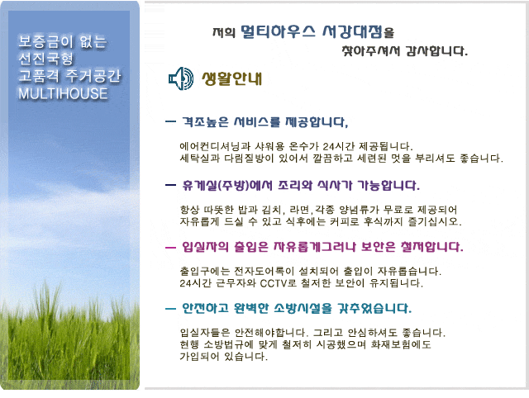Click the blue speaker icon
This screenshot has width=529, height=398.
(x=181, y=78)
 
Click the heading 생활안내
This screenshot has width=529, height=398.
(x=231, y=78)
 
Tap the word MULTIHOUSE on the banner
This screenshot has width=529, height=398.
(x=63, y=93)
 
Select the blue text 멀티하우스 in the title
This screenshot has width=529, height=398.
(x=278, y=31)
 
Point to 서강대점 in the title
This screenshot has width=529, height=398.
(x=352, y=31)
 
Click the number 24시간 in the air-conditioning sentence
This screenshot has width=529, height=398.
(x=339, y=147)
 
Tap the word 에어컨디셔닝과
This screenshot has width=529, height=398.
(x=215, y=147)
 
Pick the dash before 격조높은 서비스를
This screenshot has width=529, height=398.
(x=171, y=121)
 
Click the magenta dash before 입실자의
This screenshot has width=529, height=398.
(x=171, y=248)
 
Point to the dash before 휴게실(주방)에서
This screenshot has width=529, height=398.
(x=171, y=185)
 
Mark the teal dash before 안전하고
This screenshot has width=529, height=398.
(x=171, y=308)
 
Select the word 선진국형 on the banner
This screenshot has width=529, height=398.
(x=45, y=59)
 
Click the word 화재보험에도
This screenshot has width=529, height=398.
(x=401, y=344)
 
